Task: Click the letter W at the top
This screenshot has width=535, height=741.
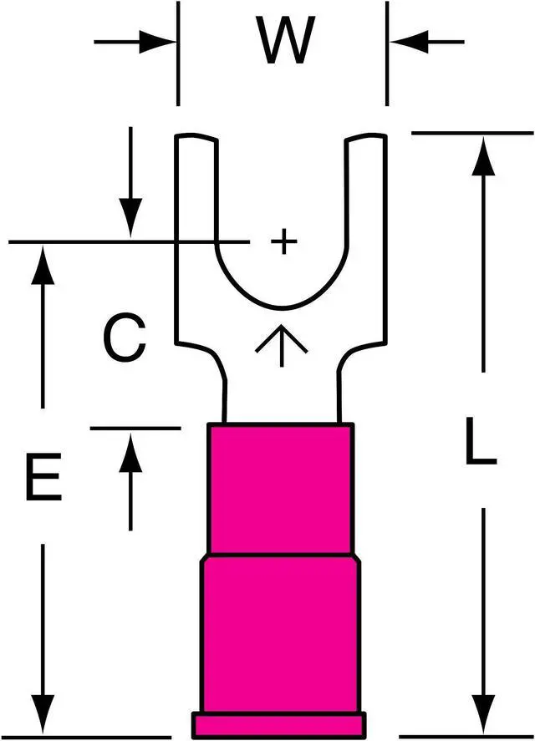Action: point(286,42)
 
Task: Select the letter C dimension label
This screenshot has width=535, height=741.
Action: point(125,338)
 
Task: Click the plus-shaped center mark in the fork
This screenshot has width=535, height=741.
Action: point(284,242)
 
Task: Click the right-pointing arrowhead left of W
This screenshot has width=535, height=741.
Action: point(160,40)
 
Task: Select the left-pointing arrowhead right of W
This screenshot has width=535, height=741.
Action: point(406,40)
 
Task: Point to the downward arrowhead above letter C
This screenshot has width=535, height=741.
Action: point(130,216)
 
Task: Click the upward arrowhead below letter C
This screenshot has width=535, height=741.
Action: point(130,452)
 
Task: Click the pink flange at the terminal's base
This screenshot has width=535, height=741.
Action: point(279,723)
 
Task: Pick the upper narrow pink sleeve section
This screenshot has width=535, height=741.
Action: point(281,489)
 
